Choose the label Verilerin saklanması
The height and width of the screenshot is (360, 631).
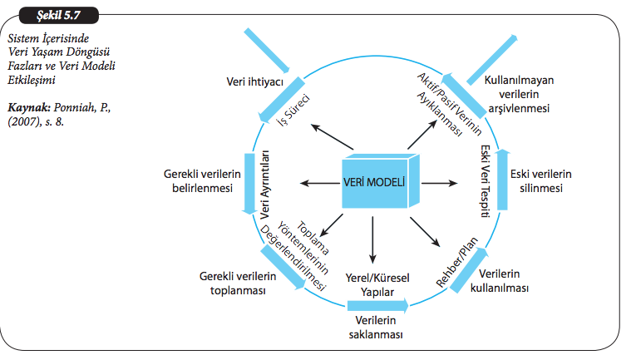coord(375,328)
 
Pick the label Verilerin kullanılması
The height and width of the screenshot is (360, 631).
coord(505,282)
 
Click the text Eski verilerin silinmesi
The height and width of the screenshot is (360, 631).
coord(545,182)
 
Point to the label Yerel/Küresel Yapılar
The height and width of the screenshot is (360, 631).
coord(375,285)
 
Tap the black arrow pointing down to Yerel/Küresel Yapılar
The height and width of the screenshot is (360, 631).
coord(374,241)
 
